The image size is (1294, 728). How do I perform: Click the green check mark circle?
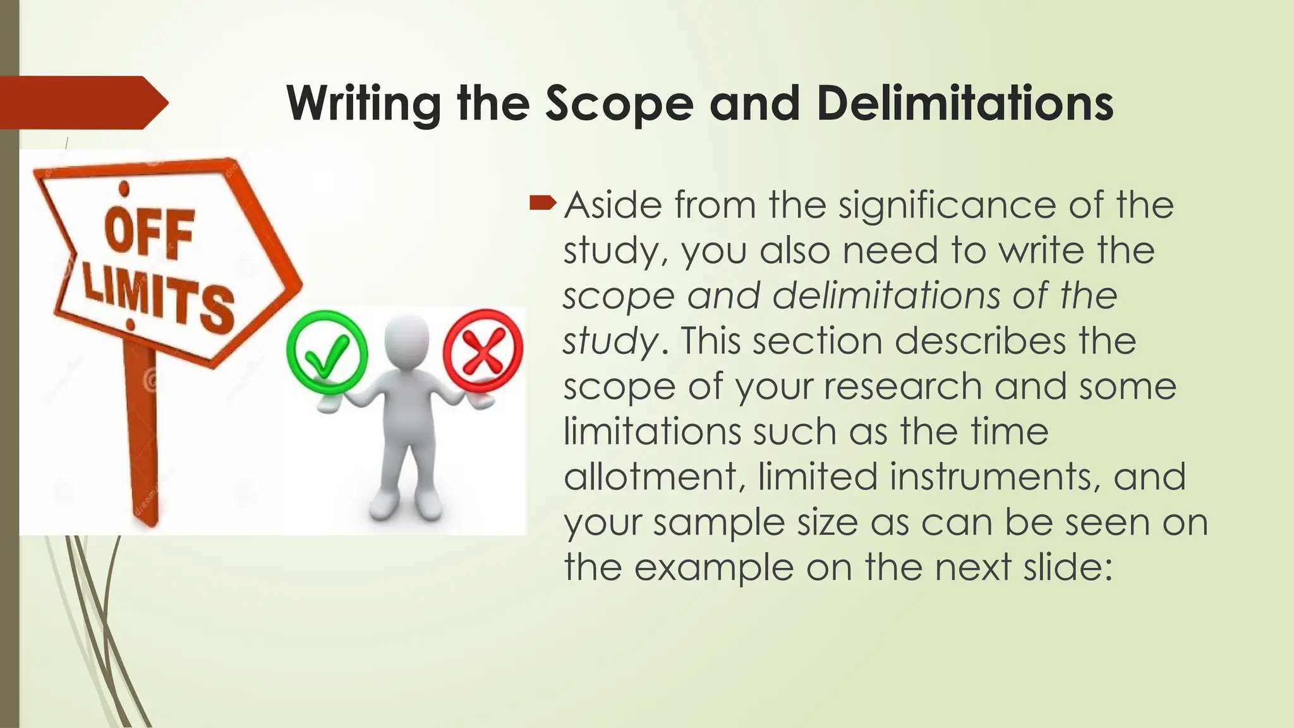coord(327,353)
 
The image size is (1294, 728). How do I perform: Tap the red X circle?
coord(483,351)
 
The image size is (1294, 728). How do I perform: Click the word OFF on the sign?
coord(149,233)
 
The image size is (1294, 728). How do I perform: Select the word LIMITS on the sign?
coord(158,300)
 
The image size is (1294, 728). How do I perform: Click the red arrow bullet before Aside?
coord(542,203)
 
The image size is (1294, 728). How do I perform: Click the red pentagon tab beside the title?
coord(82,102)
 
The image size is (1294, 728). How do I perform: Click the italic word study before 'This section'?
coord(610,341)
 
